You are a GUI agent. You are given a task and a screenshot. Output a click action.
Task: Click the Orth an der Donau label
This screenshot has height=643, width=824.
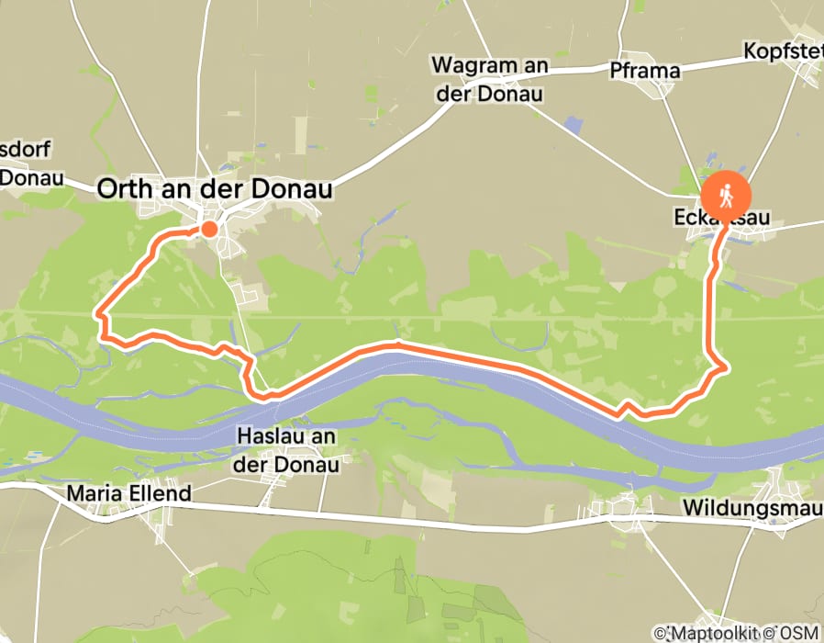pos(214,189)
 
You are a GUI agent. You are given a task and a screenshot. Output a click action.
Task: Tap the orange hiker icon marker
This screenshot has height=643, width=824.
pos(727,196)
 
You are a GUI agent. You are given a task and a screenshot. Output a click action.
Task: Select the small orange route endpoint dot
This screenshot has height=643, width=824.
pos(209,229)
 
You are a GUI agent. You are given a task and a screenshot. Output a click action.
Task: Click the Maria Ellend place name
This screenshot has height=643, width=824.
pos(128,494)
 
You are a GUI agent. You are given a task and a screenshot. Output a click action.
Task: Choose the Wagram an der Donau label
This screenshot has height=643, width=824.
pos(489,79)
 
